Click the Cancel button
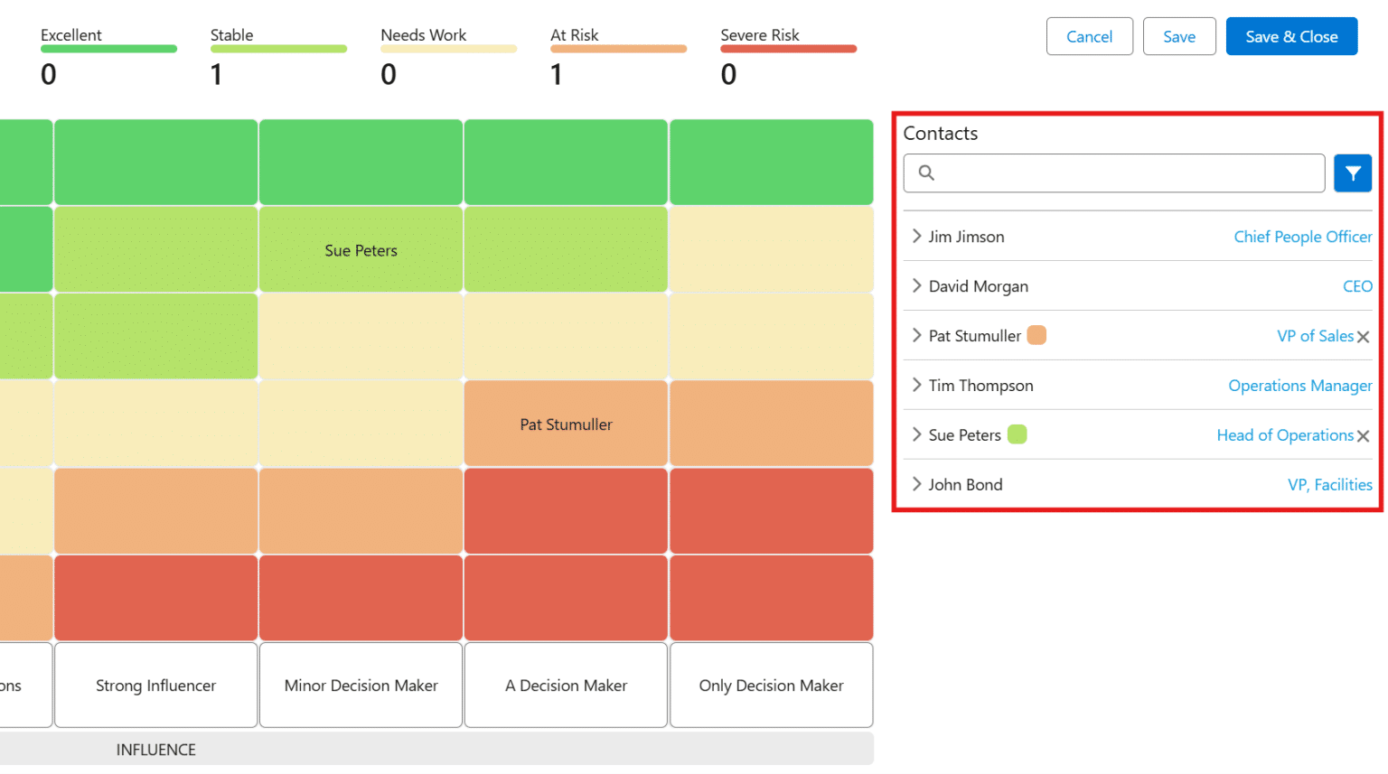tap(1089, 37)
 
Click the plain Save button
tap(1178, 37)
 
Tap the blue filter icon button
tap(1352, 173)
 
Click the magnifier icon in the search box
tap(926, 173)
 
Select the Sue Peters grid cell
tap(361, 250)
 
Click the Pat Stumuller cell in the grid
tap(566, 424)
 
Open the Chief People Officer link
tap(1302, 237)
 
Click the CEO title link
tap(1356, 286)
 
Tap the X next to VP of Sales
tap(1364, 337)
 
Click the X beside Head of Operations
tap(1364, 436)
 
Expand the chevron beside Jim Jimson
tap(916, 237)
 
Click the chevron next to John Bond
tap(916, 484)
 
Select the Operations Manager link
tap(1299, 386)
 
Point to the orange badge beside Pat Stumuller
tap(1036, 335)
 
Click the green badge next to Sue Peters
tap(1017, 434)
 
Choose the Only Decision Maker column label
tap(771, 685)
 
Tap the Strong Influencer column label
tap(155, 685)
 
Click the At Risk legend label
tap(575, 35)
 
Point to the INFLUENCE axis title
tap(155, 750)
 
